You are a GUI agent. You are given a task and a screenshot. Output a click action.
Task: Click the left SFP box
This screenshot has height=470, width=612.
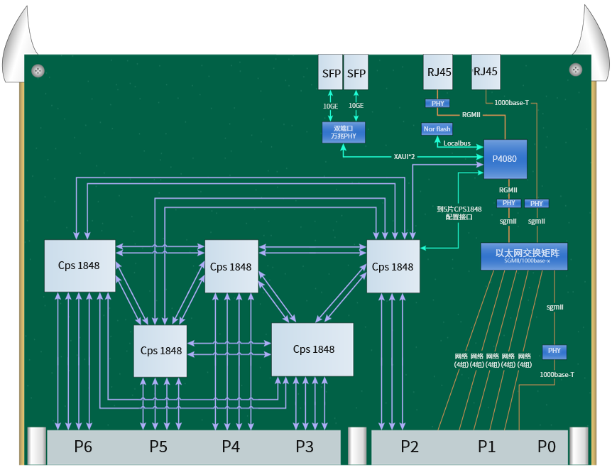tap(332, 74)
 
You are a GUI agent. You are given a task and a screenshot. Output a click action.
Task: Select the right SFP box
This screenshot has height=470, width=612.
tap(356, 74)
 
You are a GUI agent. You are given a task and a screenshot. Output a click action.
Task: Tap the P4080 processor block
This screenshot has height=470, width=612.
tap(506, 158)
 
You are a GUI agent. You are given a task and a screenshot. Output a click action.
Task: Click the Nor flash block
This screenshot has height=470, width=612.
tap(437, 129)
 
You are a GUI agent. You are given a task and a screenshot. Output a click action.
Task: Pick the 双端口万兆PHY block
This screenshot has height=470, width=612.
tap(343, 133)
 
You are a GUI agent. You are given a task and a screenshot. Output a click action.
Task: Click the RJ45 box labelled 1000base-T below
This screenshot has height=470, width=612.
tap(486, 72)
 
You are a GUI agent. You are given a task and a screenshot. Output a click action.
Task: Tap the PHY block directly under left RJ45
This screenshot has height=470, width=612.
tap(437, 104)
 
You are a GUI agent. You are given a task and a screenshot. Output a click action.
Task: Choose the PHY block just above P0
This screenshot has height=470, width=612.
tap(554, 351)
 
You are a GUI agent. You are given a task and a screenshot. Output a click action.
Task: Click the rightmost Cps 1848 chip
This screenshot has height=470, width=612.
tap(393, 266)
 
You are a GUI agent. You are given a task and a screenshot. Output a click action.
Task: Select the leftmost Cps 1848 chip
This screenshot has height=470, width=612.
tap(79, 266)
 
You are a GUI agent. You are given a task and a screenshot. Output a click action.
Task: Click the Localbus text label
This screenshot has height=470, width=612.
tap(457, 143)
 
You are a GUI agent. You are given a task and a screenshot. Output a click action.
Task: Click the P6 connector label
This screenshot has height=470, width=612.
tap(84, 447)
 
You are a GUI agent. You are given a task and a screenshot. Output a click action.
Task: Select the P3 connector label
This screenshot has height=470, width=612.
tap(305, 447)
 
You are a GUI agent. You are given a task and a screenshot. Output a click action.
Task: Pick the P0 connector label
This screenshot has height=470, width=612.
tap(546, 447)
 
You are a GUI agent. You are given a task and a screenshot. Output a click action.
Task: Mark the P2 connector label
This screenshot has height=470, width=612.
tap(410, 447)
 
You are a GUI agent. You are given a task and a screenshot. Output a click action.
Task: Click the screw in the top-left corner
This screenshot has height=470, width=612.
tap(38, 70)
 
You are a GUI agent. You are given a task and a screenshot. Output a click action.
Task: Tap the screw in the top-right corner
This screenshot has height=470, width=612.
tap(575, 69)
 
